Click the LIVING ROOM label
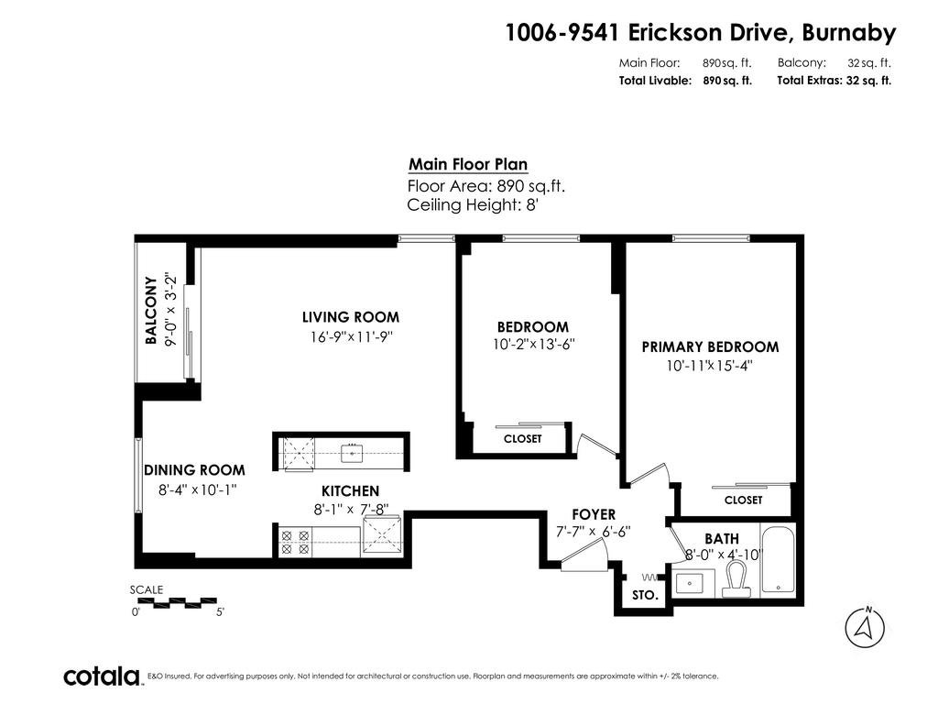[351, 317]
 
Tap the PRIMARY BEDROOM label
[710, 347]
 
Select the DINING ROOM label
[194, 470]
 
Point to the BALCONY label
[151, 310]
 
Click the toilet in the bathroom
[736, 578]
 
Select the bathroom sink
[694, 582]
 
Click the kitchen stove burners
[296, 542]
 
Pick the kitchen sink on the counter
[353, 453]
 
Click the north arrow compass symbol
[865, 627]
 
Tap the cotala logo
[102, 676]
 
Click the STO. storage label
[646, 596]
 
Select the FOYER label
[594, 515]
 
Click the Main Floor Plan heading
[468, 165]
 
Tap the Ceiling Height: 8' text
[474, 204]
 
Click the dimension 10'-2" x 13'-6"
[534, 345]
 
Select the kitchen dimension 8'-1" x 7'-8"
[351, 510]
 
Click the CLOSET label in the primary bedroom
[744, 500]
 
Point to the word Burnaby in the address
[849, 32]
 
